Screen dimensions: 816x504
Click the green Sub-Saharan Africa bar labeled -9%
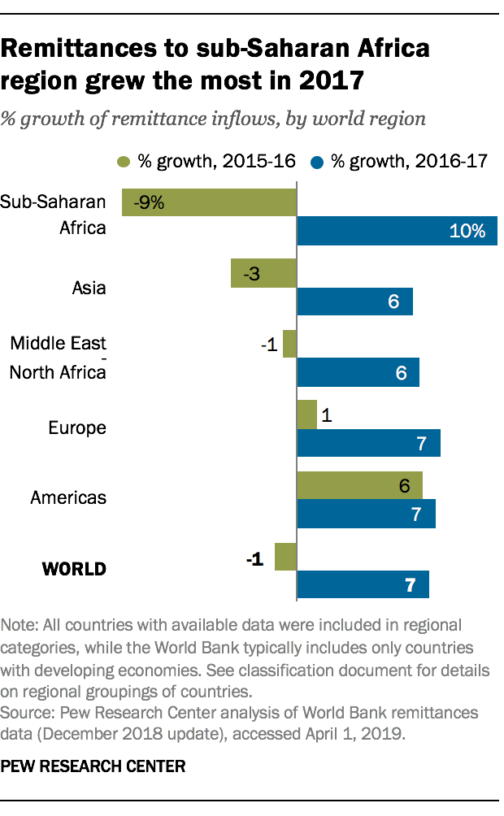tap(209, 202)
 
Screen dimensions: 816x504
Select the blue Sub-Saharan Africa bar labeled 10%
tap(397, 231)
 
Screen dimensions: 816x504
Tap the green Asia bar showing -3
tap(263, 273)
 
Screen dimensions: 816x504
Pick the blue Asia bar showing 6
tap(355, 302)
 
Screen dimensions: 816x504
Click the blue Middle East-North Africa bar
tap(358, 372)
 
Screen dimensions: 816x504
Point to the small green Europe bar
tap(307, 415)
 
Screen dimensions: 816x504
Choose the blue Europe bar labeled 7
tap(369, 443)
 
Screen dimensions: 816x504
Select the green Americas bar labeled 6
tap(360, 485)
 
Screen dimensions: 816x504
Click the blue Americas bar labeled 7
tap(367, 514)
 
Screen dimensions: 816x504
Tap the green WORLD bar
tap(286, 557)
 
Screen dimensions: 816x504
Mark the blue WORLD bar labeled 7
tap(363, 584)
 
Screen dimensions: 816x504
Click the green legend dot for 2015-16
tap(124, 161)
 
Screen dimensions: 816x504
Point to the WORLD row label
tap(74, 569)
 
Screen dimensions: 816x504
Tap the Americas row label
tap(68, 497)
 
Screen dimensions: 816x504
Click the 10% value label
tap(467, 232)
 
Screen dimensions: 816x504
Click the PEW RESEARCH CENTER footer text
tap(93, 766)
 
